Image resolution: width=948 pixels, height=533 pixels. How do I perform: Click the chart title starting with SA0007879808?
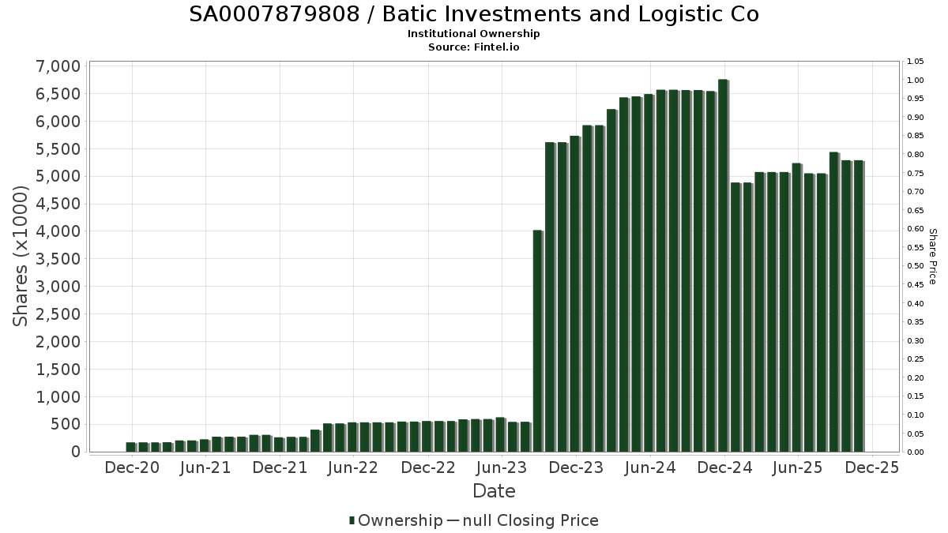474,14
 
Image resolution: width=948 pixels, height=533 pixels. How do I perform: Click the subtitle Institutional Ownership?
474,34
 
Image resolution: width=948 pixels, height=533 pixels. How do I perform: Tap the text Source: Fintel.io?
474,47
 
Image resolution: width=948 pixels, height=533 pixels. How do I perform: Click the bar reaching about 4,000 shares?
537,340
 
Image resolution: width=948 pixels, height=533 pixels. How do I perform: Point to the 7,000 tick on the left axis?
58,66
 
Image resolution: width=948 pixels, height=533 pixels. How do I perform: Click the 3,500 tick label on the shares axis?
58,259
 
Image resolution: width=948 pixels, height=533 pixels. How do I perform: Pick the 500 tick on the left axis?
65,424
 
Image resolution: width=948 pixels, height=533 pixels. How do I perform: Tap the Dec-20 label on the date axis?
132,467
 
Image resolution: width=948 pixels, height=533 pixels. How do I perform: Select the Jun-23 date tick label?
502,467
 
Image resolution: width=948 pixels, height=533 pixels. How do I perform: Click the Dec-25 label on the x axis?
872,467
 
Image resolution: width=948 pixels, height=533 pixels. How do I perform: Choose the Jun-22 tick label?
353,467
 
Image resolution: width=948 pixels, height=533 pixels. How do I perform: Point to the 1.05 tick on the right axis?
915,62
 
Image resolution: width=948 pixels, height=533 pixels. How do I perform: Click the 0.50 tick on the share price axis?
915,266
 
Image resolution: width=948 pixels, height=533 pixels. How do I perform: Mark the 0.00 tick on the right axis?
915,452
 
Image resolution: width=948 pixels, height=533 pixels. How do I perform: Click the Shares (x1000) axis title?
21,257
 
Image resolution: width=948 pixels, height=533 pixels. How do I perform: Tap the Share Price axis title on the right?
932,257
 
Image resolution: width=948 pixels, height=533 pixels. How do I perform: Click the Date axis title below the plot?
494,491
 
